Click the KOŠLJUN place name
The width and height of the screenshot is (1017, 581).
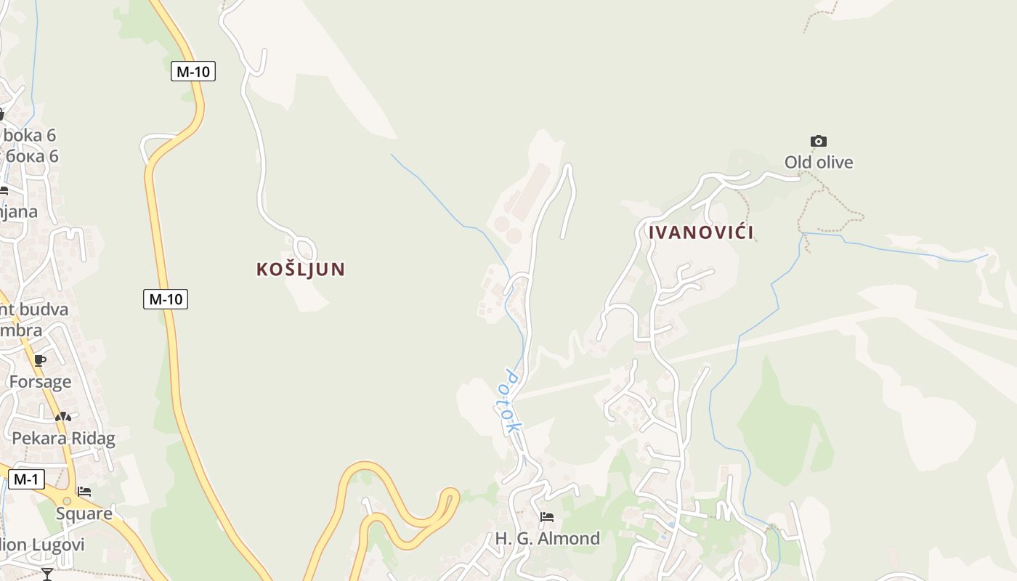300,269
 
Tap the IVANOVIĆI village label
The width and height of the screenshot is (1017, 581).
701,232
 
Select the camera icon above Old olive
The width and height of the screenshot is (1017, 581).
819,141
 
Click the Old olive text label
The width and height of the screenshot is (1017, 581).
819,162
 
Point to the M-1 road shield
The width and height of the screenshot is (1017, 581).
26,479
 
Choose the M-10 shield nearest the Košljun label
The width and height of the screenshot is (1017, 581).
166,298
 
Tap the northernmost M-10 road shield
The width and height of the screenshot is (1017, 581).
193,71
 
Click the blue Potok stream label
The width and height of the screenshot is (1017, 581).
511,402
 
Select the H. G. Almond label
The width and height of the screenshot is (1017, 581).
548,538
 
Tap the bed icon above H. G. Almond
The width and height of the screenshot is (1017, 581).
547,517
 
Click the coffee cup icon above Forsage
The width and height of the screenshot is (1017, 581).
40,360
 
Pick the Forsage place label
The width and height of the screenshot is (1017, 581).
40,381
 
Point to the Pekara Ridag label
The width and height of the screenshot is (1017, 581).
63,438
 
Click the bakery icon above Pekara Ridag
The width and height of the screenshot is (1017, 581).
63,417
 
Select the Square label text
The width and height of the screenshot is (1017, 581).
84,513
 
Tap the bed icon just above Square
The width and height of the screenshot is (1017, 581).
84,492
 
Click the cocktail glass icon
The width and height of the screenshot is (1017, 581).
47,574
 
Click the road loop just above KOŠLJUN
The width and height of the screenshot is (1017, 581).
305,247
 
